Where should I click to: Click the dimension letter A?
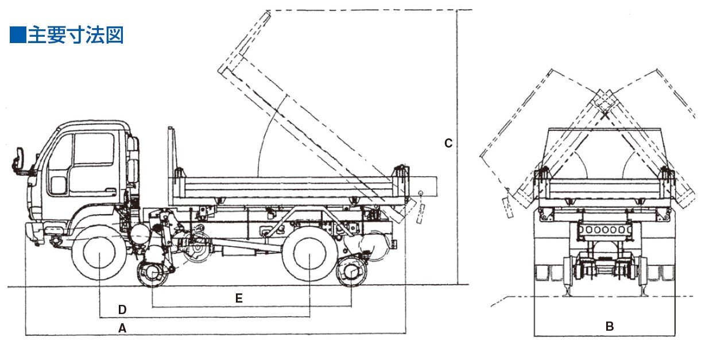pyautogui.click(x=122, y=328)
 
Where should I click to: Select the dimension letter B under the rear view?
pyautogui.click(x=610, y=326)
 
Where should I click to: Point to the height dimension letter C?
pyautogui.click(x=448, y=143)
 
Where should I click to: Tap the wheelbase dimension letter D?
pyautogui.click(x=122, y=309)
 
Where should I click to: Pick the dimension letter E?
pyautogui.click(x=239, y=298)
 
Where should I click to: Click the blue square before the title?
pyautogui.click(x=18, y=35)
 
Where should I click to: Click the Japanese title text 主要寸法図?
pyautogui.click(x=76, y=35)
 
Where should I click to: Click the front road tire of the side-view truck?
pyautogui.click(x=99, y=253)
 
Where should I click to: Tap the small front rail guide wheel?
pyautogui.click(x=152, y=273)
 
